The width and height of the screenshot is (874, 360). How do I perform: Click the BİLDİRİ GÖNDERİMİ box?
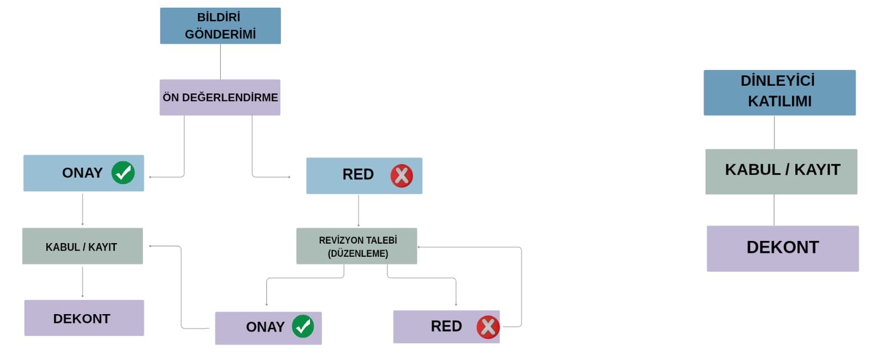[220, 26]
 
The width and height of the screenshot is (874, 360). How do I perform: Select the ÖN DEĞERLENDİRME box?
[220, 97]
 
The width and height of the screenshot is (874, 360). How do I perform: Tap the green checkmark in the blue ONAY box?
[123, 173]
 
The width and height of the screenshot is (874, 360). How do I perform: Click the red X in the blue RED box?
[401, 176]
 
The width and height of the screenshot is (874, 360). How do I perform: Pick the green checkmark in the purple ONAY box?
[303, 327]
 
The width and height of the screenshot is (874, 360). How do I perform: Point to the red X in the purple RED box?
[488, 327]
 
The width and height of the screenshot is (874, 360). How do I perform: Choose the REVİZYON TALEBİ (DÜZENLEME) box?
[356, 246]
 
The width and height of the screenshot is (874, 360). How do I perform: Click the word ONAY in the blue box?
[82, 173]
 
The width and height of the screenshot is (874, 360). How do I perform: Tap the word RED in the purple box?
[446, 327]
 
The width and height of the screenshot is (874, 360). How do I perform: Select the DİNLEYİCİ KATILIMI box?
[779, 92]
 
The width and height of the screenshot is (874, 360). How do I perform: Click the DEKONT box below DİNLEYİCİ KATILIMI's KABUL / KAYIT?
[783, 248]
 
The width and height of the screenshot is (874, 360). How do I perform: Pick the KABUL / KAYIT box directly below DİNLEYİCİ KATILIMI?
[781, 171]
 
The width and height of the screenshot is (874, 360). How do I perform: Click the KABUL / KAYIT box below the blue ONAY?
[83, 246]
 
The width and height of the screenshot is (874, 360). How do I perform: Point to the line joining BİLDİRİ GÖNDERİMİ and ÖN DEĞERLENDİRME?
[220, 62]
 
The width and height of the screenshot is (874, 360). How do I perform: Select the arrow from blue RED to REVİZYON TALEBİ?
[359, 211]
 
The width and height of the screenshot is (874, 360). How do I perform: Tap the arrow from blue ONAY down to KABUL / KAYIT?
[83, 209]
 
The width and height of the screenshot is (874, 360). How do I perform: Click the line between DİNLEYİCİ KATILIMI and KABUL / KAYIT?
[774, 132]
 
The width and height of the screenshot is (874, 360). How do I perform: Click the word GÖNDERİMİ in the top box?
[220, 34]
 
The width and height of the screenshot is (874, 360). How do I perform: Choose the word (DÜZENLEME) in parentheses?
[358, 253]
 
